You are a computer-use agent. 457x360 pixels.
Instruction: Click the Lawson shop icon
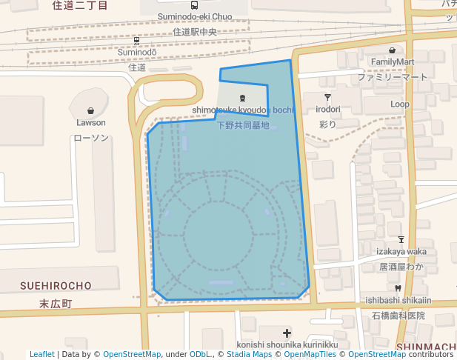tap(91, 110)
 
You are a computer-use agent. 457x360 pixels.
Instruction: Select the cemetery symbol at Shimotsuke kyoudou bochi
tap(242, 98)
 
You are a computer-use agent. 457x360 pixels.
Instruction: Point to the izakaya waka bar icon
tap(401, 239)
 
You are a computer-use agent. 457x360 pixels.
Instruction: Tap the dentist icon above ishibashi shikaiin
tap(398, 287)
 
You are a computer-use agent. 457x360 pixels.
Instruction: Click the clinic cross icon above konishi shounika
tap(287, 333)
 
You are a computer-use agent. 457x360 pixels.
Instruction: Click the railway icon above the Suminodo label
tap(137, 41)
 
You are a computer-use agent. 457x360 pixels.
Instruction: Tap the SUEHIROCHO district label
tap(56, 285)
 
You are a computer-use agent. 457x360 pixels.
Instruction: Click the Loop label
tap(400, 104)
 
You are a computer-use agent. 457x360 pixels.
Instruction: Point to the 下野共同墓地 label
tap(243, 125)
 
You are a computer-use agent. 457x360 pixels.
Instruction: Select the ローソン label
tap(91, 138)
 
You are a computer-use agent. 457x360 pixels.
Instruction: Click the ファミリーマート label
tap(393, 77)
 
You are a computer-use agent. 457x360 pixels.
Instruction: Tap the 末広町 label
tap(56, 304)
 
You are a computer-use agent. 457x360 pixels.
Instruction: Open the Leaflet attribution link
tap(42, 355)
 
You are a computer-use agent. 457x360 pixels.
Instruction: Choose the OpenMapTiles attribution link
tap(307, 355)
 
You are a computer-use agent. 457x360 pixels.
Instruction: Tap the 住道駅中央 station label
tap(194, 32)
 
